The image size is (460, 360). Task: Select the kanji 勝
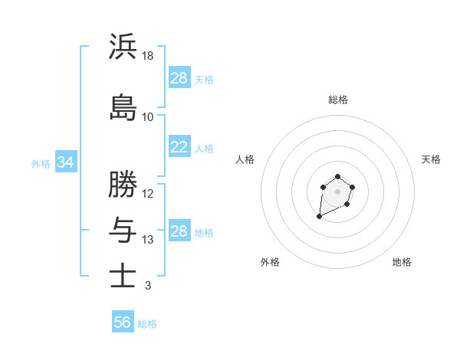(x=123, y=184)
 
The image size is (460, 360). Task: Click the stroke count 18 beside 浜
(x=148, y=56)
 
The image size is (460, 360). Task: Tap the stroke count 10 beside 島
(x=148, y=117)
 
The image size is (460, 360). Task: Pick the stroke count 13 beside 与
(x=148, y=240)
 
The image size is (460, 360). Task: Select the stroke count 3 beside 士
(x=147, y=285)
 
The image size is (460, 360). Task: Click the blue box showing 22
(x=179, y=148)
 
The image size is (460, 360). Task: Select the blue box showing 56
(x=123, y=322)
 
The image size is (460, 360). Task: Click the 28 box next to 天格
(x=179, y=78)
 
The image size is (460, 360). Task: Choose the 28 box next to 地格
(x=179, y=231)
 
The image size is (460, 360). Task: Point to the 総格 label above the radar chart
(x=338, y=100)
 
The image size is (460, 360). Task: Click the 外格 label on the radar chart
(x=270, y=262)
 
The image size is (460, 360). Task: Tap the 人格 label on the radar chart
(x=245, y=159)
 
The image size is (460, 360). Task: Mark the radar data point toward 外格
(x=319, y=217)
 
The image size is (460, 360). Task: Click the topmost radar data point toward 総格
(x=338, y=177)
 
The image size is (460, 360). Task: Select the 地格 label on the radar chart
(x=402, y=262)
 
